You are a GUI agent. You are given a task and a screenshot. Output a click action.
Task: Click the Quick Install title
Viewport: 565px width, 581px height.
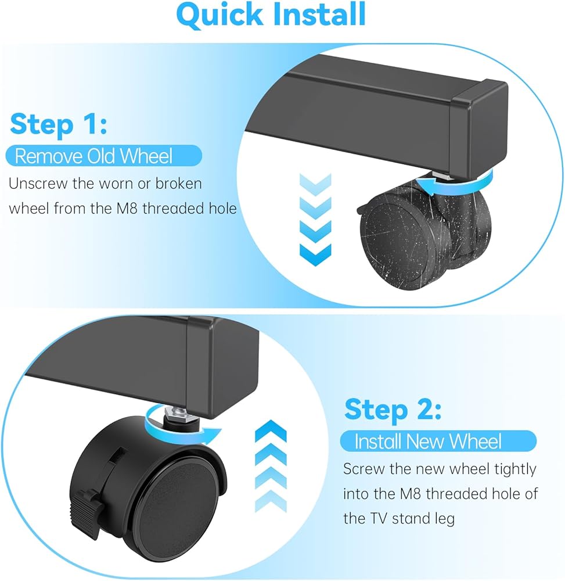tap(271, 15)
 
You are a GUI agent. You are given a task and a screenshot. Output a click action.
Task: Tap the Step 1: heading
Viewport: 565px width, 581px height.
tap(59, 124)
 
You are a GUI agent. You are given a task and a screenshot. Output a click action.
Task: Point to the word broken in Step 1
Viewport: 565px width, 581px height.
tap(178, 184)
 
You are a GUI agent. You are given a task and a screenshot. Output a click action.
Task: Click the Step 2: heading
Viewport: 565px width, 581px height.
tap(393, 410)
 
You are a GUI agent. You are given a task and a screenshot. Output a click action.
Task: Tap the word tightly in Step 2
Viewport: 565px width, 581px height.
tap(516, 470)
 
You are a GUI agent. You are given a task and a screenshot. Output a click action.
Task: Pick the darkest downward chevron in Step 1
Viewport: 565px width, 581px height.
tap(315, 255)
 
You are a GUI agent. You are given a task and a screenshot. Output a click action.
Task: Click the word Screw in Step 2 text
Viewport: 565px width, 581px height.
tap(364, 469)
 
